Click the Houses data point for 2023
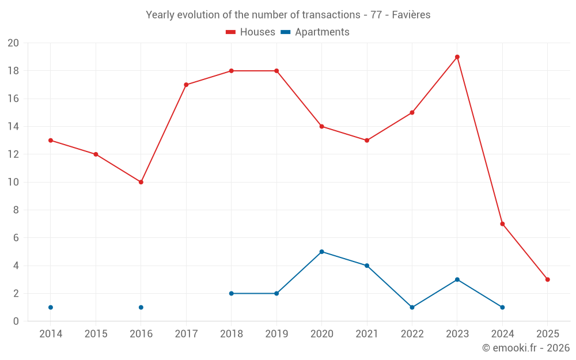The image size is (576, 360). [457, 57]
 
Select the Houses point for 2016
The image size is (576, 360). [141, 182]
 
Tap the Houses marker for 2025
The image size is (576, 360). [548, 279]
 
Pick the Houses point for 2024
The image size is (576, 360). [502, 224]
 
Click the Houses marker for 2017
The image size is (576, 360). [186, 85]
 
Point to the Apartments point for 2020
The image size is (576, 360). [321, 252]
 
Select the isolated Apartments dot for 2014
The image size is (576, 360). [51, 307]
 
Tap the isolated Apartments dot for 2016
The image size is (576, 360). [141, 307]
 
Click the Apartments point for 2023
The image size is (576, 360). [457, 279]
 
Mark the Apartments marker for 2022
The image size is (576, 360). [412, 307]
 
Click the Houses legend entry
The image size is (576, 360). [251, 32]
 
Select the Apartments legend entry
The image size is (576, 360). [315, 32]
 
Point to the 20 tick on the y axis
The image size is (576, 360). [13, 43]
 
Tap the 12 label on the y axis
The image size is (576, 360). [13, 154]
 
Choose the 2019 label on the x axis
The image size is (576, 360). [276, 334]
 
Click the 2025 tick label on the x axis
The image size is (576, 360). [548, 334]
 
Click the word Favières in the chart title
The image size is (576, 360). [411, 15]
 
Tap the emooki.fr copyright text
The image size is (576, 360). [526, 348]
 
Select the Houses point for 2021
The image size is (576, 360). [367, 141]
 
